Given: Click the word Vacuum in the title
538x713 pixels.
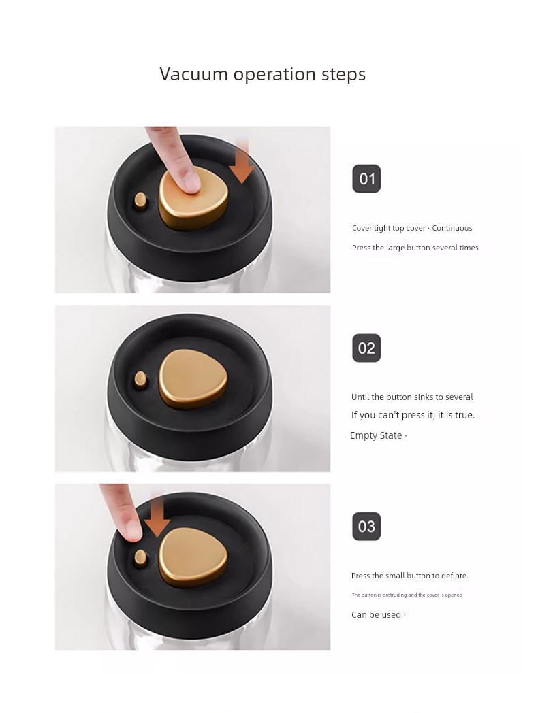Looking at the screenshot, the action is (193, 73).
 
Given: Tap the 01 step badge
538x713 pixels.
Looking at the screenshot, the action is (366, 179).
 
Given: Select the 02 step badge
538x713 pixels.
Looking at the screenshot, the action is (366, 348).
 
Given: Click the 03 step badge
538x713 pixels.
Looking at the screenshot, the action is (366, 526).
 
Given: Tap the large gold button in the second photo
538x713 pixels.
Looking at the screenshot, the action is (193, 380).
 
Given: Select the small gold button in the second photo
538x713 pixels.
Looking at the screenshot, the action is (141, 378).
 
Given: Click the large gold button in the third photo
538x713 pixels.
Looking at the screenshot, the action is (193, 558).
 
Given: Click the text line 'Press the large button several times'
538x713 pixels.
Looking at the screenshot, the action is (415, 248).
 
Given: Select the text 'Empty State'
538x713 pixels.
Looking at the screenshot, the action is (376, 435).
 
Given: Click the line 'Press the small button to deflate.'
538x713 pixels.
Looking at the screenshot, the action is (410, 576).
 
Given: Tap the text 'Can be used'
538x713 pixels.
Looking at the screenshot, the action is (376, 615).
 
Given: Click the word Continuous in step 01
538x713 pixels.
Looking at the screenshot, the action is (452, 228).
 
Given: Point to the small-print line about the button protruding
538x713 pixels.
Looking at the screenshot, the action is (407, 595).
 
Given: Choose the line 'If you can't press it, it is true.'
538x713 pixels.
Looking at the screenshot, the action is (413, 415).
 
